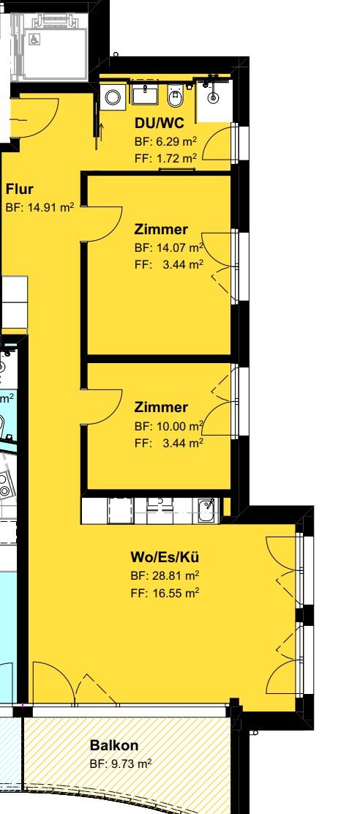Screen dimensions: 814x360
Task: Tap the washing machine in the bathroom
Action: (x=114, y=97)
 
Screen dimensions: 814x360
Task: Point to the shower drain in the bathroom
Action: (x=213, y=96)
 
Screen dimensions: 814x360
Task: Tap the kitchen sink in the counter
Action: (x=208, y=509)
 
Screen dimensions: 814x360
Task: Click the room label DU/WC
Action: (x=154, y=124)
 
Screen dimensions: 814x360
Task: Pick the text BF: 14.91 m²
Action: (x=40, y=208)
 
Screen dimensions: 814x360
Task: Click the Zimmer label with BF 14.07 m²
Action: (x=161, y=230)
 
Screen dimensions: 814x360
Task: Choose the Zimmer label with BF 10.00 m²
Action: (x=161, y=408)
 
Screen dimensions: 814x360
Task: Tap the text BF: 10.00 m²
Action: (x=168, y=426)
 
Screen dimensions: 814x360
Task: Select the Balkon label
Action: (x=113, y=746)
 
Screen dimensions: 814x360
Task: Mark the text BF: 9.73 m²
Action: (x=121, y=763)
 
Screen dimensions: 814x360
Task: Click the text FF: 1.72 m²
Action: (x=165, y=157)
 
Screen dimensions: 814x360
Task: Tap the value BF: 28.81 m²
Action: (x=165, y=575)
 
